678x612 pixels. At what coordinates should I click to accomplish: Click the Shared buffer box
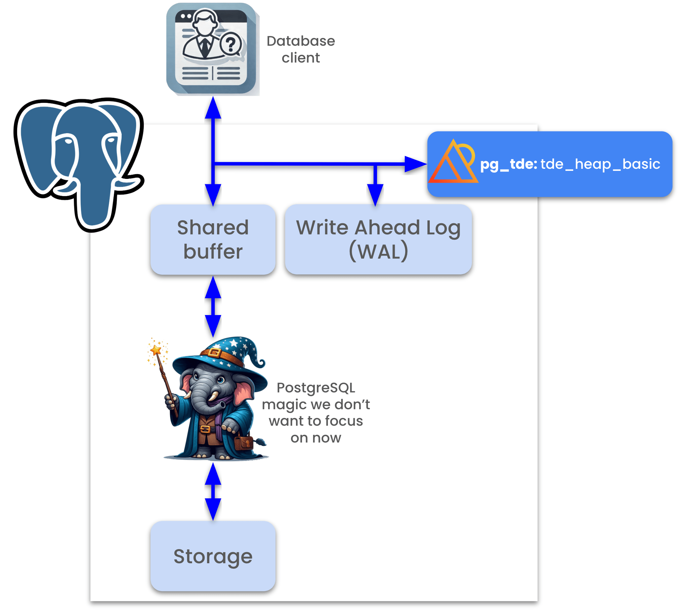213,239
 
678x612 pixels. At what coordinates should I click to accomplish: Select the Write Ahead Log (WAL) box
378,239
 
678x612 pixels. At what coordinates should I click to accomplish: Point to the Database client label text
301,49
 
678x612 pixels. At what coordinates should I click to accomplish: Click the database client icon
212,49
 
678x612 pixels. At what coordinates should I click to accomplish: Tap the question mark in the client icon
231,44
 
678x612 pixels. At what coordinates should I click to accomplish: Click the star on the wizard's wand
156,350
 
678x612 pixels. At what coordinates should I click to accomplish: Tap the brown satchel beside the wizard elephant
244,442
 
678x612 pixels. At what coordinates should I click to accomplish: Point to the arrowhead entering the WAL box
375,195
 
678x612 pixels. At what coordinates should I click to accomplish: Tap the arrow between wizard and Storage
213,491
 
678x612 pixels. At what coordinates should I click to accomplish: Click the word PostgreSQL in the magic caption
316,388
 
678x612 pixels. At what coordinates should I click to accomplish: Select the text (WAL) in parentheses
378,251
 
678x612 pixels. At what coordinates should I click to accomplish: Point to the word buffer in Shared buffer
213,252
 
